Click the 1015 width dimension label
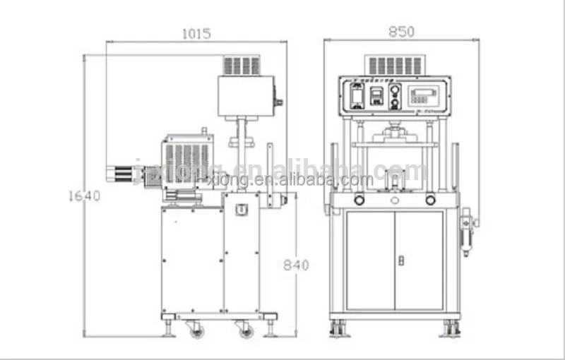pyautogui.click(x=196, y=33)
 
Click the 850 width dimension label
pyautogui.click(x=400, y=32)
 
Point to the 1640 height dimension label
pyautogui.click(x=84, y=196)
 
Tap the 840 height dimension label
pyautogui.click(x=296, y=265)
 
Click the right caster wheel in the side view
pyautogui.click(x=244, y=329)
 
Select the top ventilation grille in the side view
pyautogui.click(x=242, y=66)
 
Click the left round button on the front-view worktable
pyautogui.click(x=359, y=200)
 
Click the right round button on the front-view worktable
pyautogui.click(x=430, y=200)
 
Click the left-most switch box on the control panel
pyautogui.click(x=357, y=95)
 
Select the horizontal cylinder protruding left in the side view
pyautogui.click(x=124, y=172)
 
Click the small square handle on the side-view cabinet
pyautogui.click(x=241, y=210)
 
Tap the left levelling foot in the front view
pyautogui.click(x=338, y=329)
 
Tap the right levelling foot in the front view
pyautogui.click(x=451, y=329)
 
